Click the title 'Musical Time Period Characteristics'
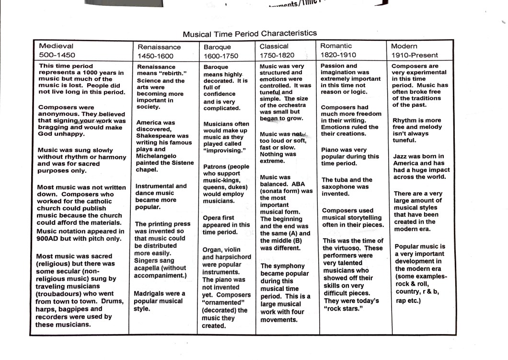pos(250,34)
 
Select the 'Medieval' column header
pos(56,46)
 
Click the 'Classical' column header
pos(274,46)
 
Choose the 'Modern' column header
pos(404,46)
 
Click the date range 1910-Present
pos(414,55)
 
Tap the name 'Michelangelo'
pos(156,156)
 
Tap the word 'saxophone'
pos(344,186)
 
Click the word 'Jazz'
pos(401,156)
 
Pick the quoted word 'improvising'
pos(225,150)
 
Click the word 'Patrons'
pos(216,166)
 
